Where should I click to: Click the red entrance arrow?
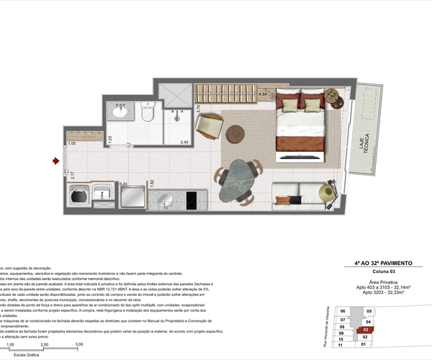[x=55, y=161]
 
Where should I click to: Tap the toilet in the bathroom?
[x=148, y=113]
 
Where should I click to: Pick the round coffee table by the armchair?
[x=235, y=134]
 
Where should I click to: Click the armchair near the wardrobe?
[x=209, y=127]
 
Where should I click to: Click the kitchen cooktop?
[x=192, y=198]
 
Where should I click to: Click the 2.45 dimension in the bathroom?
[x=184, y=142]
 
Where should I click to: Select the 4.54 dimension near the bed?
[x=263, y=94]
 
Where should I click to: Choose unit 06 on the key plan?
[x=343, y=310]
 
